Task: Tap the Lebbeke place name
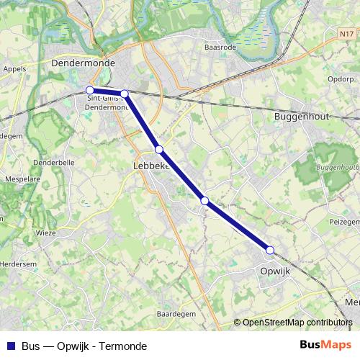pyautogui.click(x=151, y=166)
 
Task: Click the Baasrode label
pyautogui.click(x=220, y=47)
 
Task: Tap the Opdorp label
pyautogui.click(x=340, y=79)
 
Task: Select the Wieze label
pyautogui.click(x=46, y=233)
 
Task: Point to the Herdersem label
pyautogui.click(x=18, y=264)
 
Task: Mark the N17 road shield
pyautogui.click(x=347, y=34)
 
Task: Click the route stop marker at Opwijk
pyautogui.click(x=270, y=250)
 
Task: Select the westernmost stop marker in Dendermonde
pyautogui.click(x=90, y=91)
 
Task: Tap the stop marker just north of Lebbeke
pyautogui.click(x=159, y=149)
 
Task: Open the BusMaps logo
pyautogui.click(x=325, y=346)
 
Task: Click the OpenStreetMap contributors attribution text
pyautogui.click(x=297, y=323)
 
